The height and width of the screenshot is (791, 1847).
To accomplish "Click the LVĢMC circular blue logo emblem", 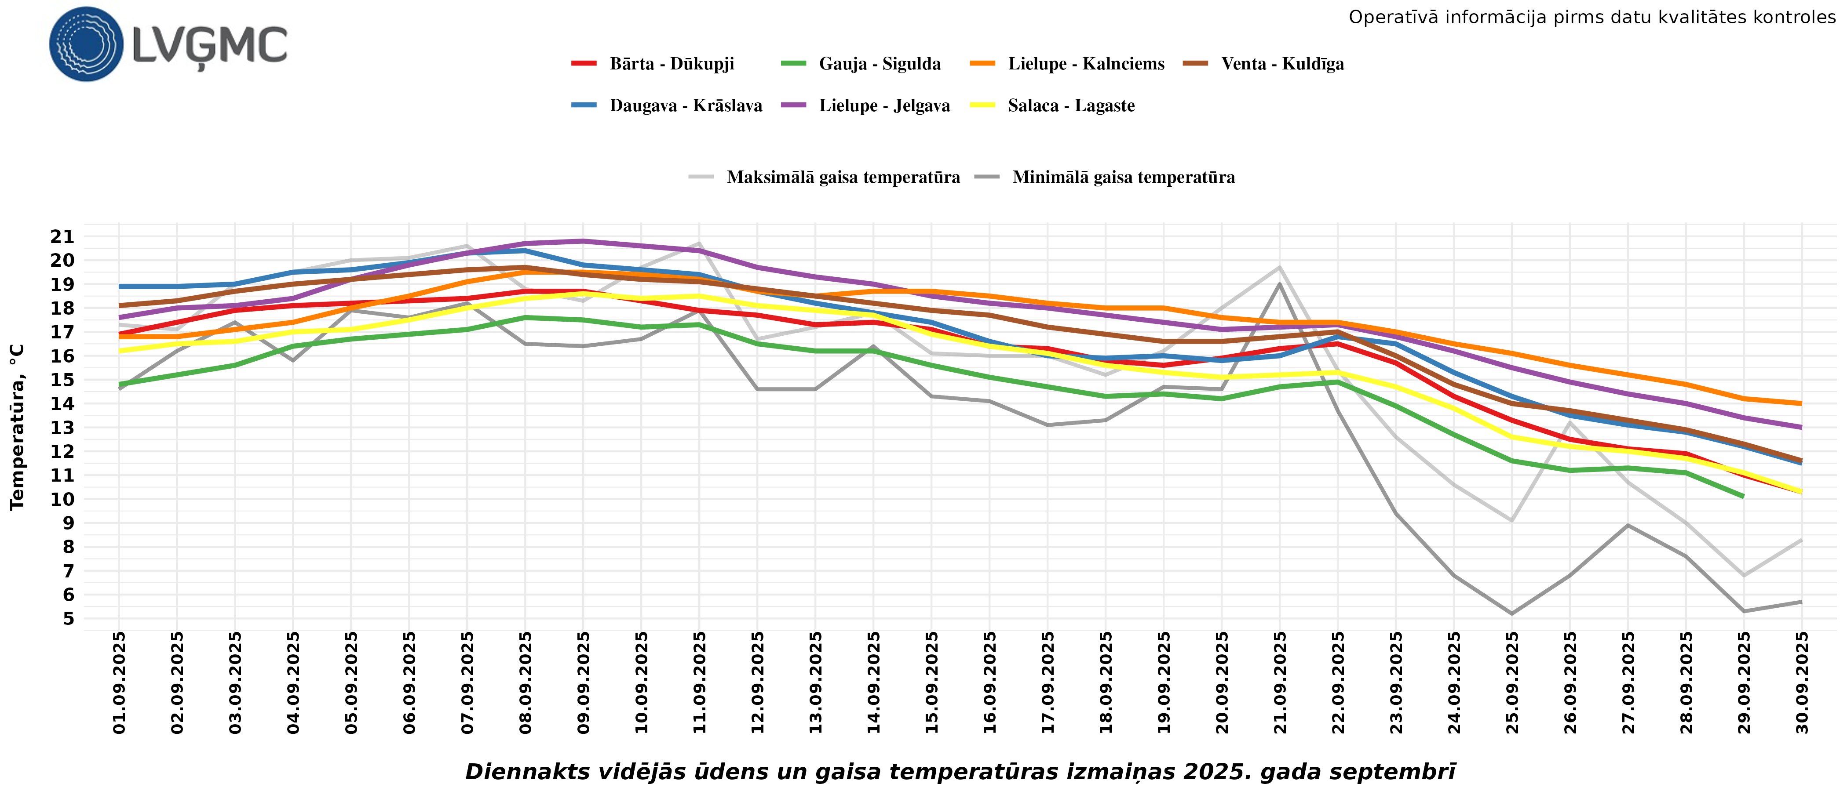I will click(86, 44).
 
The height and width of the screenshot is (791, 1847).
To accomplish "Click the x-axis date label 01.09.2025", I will click(119, 682).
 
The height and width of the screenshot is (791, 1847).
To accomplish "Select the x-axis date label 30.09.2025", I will click(1802, 682).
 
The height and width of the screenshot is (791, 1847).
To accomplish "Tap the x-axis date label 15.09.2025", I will click(931, 682).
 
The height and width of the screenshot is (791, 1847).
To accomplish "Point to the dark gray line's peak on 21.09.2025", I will click(1280, 284).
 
